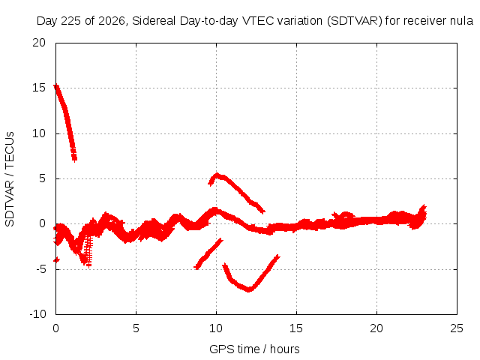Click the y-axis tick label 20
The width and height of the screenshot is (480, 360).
click(39, 43)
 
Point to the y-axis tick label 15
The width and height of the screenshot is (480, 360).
click(39, 88)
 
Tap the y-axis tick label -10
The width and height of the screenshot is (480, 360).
click(37, 314)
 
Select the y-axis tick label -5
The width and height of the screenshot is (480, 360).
click(40, 269)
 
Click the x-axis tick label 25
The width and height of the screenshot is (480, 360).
click(457, 328)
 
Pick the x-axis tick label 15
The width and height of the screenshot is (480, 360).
click(296, 328)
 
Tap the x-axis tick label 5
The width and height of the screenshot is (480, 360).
click(136, 328)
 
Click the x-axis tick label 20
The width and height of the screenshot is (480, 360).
click(376, 328)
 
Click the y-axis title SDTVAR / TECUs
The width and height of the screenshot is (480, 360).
click(10, 179)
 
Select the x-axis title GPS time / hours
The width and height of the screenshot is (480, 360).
click(254, 349)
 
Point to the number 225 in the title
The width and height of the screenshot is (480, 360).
click(71, 21)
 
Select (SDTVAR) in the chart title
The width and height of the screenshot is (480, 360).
click(355, 21)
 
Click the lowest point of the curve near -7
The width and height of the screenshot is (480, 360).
click(249, 289)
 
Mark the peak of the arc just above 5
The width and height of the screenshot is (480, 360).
click(217, 175)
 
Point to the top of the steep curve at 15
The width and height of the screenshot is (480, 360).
click(56, 87)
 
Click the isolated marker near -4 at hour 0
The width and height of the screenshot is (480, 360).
click(56, 260)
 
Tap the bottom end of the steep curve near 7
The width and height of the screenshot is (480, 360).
click(75, 158)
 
